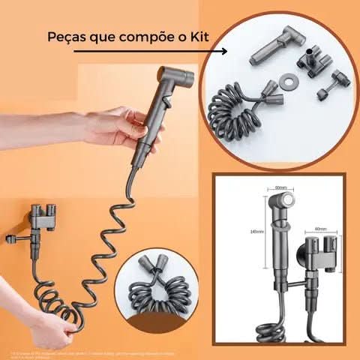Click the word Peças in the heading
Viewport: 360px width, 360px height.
click(66, 37)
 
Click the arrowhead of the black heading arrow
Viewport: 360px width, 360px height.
click(223, 52)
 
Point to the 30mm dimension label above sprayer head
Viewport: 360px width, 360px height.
click(281, 187)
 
